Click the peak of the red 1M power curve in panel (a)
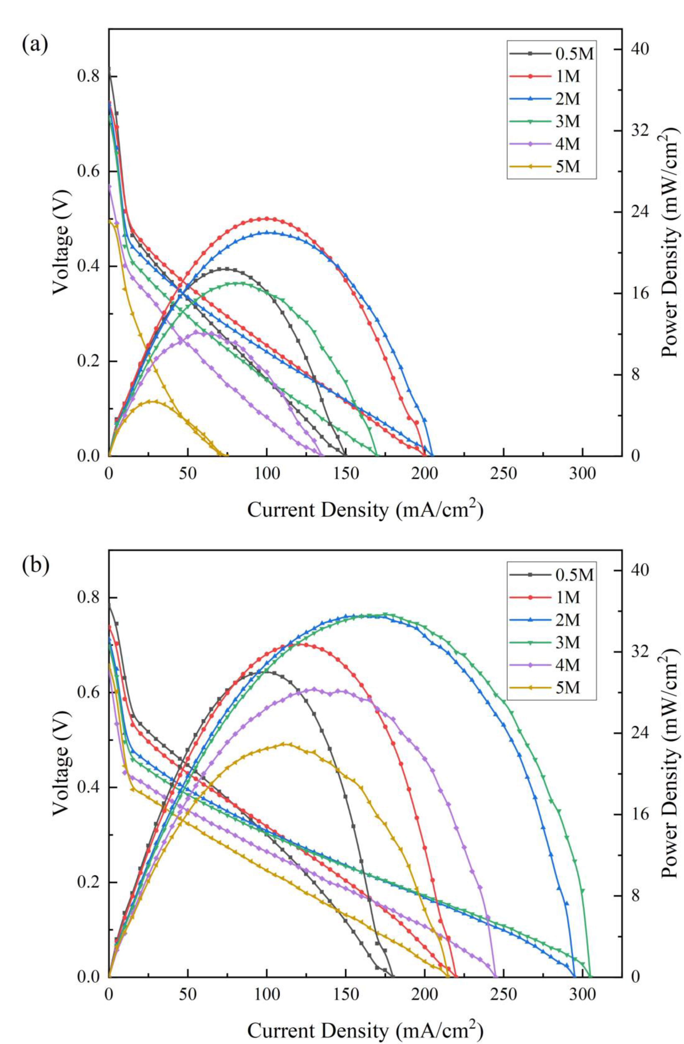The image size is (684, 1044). point(266,218)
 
